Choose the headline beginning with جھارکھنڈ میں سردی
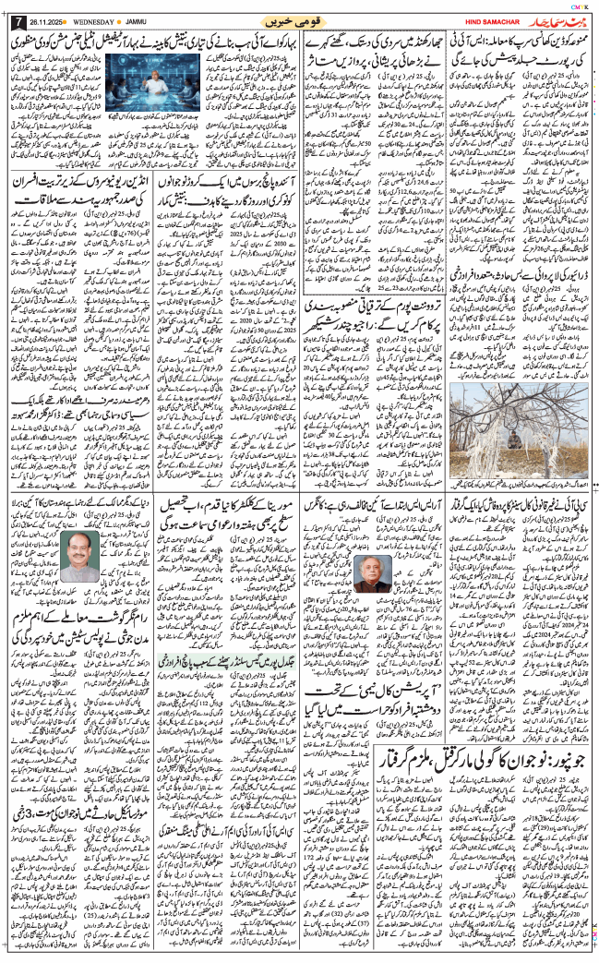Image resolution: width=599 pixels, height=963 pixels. pos(387,44)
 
